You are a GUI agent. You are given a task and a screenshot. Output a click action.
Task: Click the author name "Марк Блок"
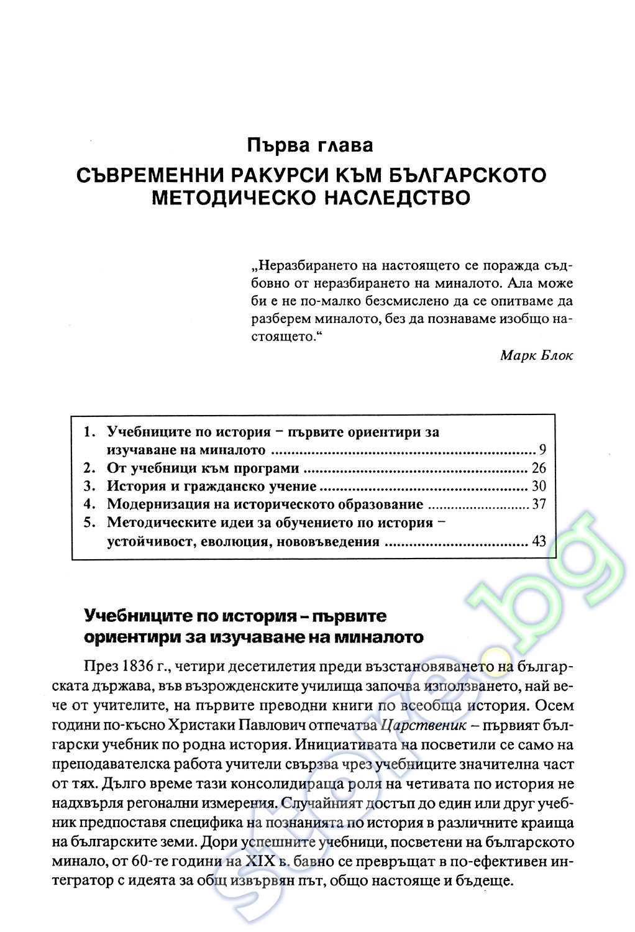(x=536, y=355)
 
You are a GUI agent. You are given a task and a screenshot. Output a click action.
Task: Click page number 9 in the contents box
(x=542, y=450)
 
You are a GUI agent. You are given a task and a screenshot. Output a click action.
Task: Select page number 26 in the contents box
(x=539, y=468)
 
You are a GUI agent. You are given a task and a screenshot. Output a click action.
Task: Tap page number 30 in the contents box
(x=539, y=487)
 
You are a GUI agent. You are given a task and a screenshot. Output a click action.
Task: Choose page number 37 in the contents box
(x=539, y=505)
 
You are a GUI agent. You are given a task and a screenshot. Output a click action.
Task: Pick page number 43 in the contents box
(x=539, y=541)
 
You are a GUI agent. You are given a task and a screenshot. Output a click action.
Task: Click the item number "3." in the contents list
(x=90, y=487)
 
